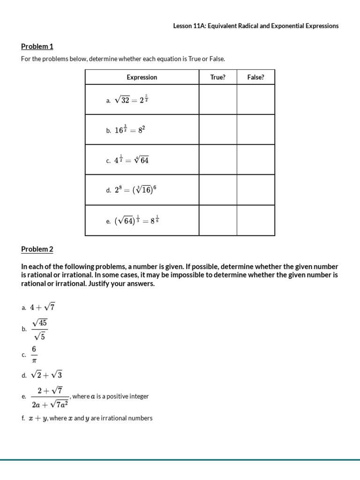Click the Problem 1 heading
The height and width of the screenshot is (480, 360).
(x=37, y=46)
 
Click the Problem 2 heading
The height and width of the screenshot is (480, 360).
(x=37, y=249)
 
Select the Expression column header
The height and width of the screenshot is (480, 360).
(x=142, y=77)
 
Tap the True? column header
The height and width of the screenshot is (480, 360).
(x=217, y=77)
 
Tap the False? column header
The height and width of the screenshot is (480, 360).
(x=255, y=77)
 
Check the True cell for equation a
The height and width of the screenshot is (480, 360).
(x=217, y=99)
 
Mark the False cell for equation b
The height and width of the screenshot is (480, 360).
(x=255, y=129)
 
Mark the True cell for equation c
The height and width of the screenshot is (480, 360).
(x=217, y=160)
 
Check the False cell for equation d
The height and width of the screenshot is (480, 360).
(x=255, y=190)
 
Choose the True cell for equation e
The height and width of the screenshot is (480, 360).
(x=217, y=220)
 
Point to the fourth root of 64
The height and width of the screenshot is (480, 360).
(x=141, y=160)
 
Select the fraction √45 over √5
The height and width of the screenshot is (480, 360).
(x=39, y=330)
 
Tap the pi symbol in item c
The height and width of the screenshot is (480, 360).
(x=34, y=361)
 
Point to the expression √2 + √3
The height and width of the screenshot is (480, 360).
(x=46, y=375)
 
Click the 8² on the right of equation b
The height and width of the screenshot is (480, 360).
(x=141, y=130)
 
